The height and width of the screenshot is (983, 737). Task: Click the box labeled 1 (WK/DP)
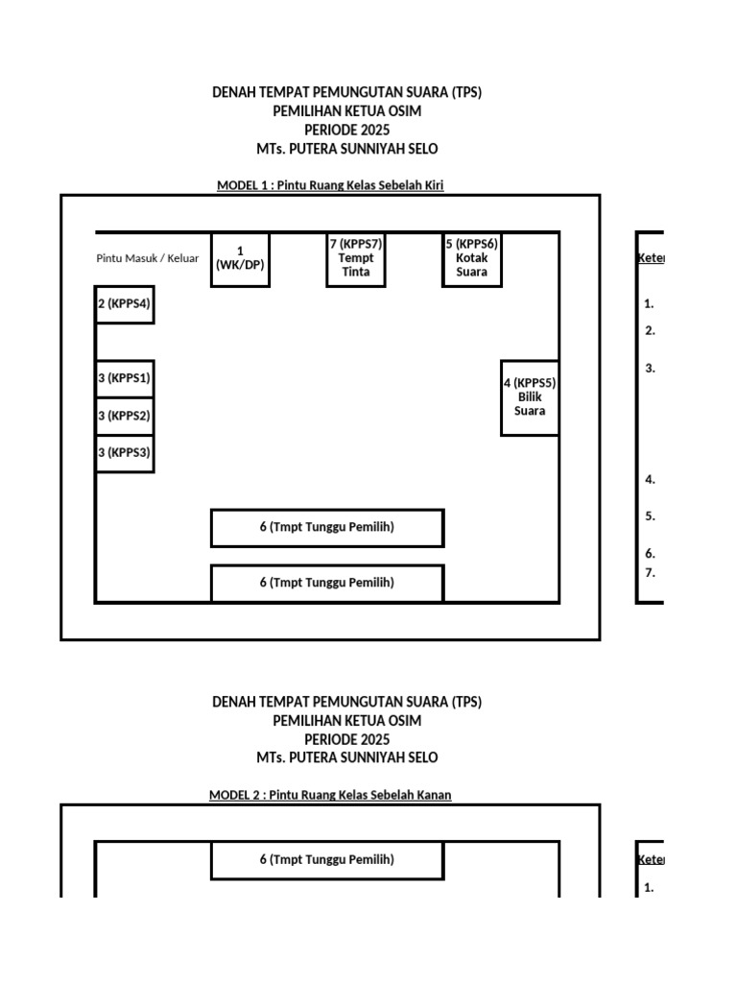tap(240, 259)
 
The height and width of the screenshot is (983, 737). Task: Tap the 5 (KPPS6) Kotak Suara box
tap(471, 259)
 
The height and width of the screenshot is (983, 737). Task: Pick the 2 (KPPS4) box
tap(125, 304)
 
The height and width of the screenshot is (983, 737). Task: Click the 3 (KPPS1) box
tap(125, 378)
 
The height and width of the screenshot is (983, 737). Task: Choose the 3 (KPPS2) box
tap(125, 416)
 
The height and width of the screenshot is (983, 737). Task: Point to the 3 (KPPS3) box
tap(125, 453)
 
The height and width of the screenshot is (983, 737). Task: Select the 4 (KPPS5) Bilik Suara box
tap(530, 397)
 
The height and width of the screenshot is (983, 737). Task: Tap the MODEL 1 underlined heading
tap(330, 185)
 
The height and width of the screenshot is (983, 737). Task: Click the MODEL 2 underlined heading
tap(330, 795)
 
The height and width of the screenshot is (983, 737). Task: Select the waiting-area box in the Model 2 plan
tap(327, 860)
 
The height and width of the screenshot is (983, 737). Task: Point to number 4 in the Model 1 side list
tap(650, 480)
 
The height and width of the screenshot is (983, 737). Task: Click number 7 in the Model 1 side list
tap(650, 573)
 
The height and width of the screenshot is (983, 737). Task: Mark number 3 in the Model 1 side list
tap(650, 368)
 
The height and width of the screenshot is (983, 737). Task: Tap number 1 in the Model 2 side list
tap(650, 888)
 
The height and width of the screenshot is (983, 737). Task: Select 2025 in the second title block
tap(372, 739)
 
